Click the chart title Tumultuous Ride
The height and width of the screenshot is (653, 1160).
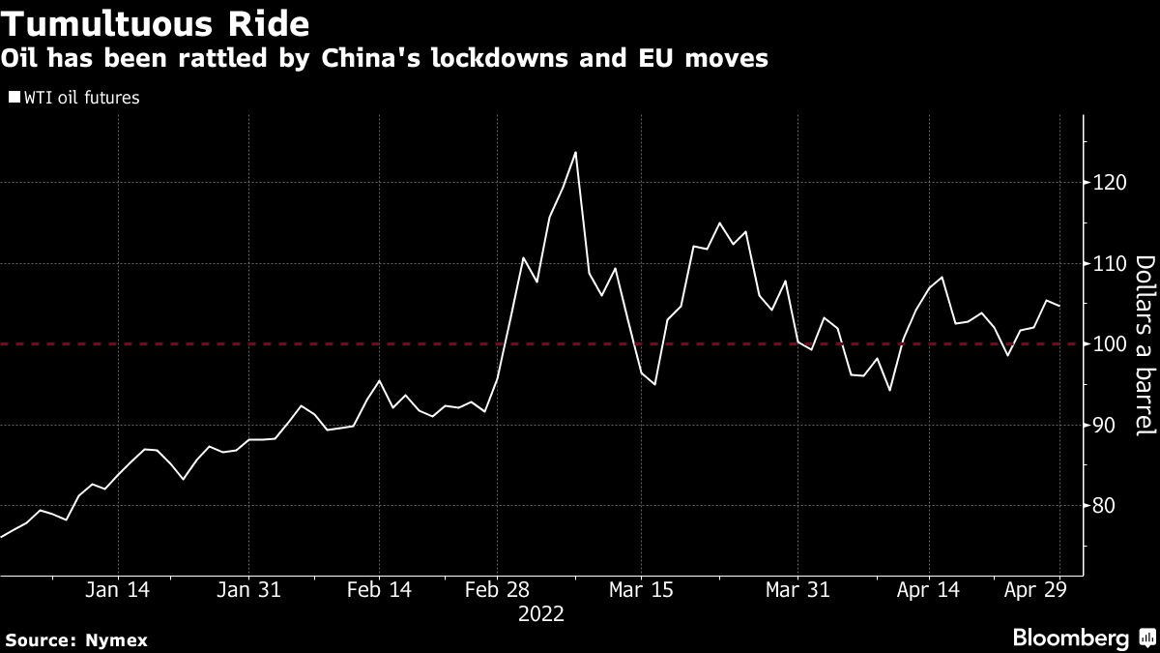coord(159,21)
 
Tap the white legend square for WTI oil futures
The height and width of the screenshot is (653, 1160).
coord(13,97)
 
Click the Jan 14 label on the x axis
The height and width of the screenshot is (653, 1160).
coord(118,590)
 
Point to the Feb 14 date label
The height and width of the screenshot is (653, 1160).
coord(379,590)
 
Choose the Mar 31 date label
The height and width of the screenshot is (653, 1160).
coord(797,590)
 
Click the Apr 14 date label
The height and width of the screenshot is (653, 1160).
coord(928,590)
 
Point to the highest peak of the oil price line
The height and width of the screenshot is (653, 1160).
coord(575,152)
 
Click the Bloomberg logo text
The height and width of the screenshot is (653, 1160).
coord(1070,638)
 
